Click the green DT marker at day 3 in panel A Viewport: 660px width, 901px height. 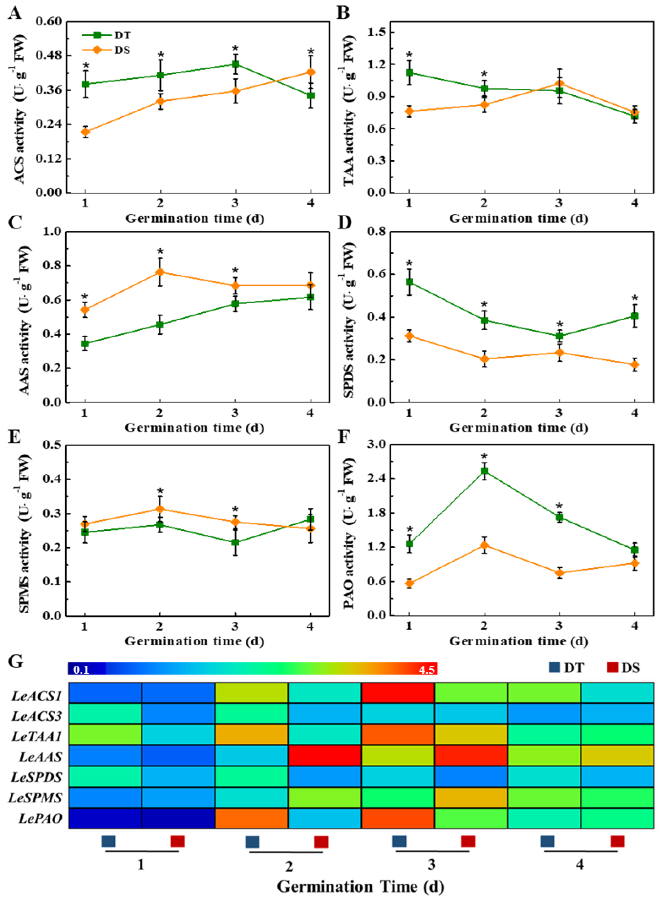(x=235, y=64)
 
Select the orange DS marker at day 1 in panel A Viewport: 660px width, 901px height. (x=85, y=132)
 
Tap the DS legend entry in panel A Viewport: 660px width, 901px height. (x=122, y=50)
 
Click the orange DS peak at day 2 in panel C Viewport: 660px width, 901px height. (x=160, y=272)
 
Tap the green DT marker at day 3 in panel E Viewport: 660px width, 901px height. (x=235, y=542)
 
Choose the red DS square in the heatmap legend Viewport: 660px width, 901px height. (x=612, y=667)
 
